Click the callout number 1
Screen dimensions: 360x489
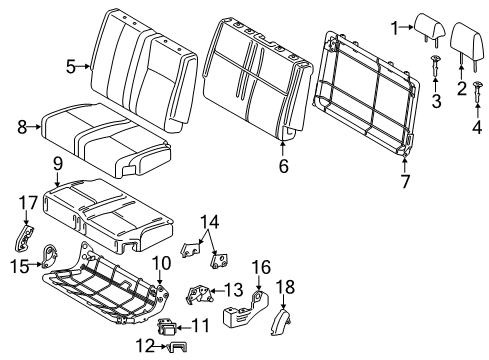click(395, 27)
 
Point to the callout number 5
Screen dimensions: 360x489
click(71, 67)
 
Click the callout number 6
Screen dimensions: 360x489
click(283, 167)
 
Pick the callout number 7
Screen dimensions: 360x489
click(405, 181)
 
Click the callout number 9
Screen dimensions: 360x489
click(58, 163)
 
